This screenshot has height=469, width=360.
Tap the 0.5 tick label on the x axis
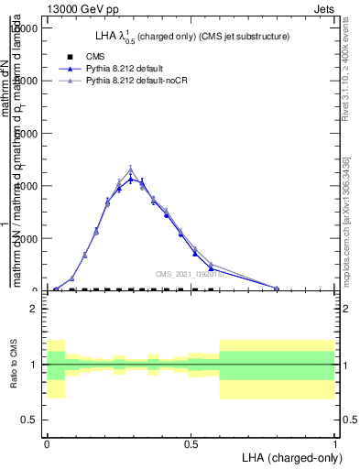(x=191, y=443)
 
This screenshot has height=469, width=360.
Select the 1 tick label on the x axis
(x=335, y=443)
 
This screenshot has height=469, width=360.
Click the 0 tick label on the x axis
(x=47, y=443)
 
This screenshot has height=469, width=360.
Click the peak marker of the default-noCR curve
(x=131, y=169)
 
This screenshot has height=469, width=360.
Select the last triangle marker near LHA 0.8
(x=277, y=288)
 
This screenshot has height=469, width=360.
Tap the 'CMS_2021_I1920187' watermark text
(x=189, y=274)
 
